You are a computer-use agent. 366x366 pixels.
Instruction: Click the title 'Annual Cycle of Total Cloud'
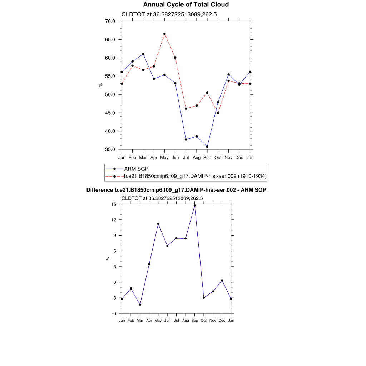[x=186, y=5]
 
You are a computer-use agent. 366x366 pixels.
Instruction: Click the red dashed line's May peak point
[x=164, y=34]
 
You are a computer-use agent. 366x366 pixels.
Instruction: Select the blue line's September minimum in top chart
[x=207, y=147]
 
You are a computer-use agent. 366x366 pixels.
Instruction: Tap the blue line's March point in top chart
[x=143, y=54]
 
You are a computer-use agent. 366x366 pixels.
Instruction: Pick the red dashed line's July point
[x=186, y=108]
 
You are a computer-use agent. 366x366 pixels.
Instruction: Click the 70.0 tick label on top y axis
[x=110, y=21]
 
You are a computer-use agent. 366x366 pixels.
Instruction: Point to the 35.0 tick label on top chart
[x=110, y=149]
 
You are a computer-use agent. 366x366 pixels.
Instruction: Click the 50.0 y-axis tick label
[x=110, y=94]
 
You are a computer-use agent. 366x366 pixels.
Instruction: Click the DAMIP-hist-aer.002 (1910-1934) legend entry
[x=195, y=176]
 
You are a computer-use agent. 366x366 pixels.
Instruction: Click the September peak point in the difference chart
[x=194, y=206]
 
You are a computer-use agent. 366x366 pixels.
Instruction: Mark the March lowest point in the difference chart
[x=140, y=305]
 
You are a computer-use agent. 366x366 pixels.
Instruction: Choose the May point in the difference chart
[x=158, y=224]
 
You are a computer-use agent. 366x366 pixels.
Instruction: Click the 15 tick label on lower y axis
[x=114, y=204]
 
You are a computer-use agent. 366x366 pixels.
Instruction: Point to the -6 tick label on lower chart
[x=114, y=313]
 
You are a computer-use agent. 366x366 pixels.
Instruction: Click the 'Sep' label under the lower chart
[x=194, y=320]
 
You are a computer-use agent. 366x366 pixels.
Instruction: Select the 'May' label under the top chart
[x=164, y=157]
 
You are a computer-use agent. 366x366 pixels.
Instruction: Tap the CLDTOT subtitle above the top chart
[x=169, y=15]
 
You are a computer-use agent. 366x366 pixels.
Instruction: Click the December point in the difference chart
[x=222, y=280]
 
